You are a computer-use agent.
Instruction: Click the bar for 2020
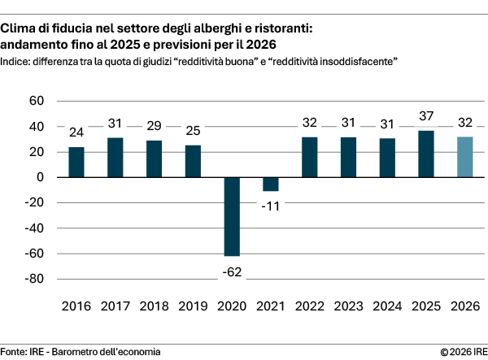point(232,216)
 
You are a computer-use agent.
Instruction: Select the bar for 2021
point(271,184)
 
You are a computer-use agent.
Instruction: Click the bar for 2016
point(76,162)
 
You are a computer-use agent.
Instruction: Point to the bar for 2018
point(154,158)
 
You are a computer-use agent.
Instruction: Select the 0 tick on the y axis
point(39,177)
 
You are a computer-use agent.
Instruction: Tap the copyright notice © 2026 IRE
point(463,351)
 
